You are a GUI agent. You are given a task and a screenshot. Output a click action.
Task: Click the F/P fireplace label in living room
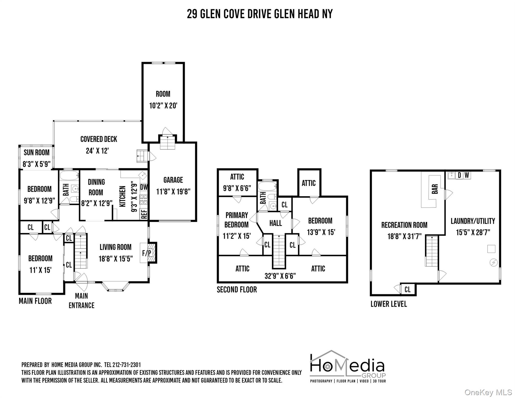(x=147, y=253)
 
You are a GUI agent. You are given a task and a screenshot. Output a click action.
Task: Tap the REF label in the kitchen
(x=144, y=214)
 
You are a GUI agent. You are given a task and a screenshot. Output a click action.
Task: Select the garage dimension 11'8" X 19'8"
(x=173, y=192)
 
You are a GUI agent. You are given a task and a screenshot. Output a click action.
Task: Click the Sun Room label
(x=37, y=152)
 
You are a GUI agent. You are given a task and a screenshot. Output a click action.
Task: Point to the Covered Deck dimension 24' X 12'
(x=97, y=151)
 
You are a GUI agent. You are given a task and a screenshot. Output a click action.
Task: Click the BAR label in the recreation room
(x=435, y=189)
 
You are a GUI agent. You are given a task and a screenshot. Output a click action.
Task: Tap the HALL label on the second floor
(x=275, y=223)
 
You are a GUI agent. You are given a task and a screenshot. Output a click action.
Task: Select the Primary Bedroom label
(x=237, y=220)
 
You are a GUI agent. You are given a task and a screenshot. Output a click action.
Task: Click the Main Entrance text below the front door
(x=81, y=301)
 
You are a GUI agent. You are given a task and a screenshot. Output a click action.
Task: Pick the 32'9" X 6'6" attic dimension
(x=280, y=276)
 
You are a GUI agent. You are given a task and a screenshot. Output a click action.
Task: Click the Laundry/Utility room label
(x=473, y=221)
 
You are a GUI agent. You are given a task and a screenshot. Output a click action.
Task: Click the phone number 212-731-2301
(x=127, y=365)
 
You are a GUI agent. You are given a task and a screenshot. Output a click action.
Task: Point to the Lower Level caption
(x=389, y=304)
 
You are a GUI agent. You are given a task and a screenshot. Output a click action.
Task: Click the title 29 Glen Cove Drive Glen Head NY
(x=260, y=14)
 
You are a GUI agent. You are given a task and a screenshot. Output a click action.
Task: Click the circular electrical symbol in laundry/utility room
(x=493, y=262)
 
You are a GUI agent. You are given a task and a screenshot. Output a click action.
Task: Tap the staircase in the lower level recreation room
(x=432, y=251)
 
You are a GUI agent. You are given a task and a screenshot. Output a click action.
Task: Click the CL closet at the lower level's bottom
(x=407, y=289)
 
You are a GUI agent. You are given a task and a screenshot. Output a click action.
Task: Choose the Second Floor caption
(x=237, y=290)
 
